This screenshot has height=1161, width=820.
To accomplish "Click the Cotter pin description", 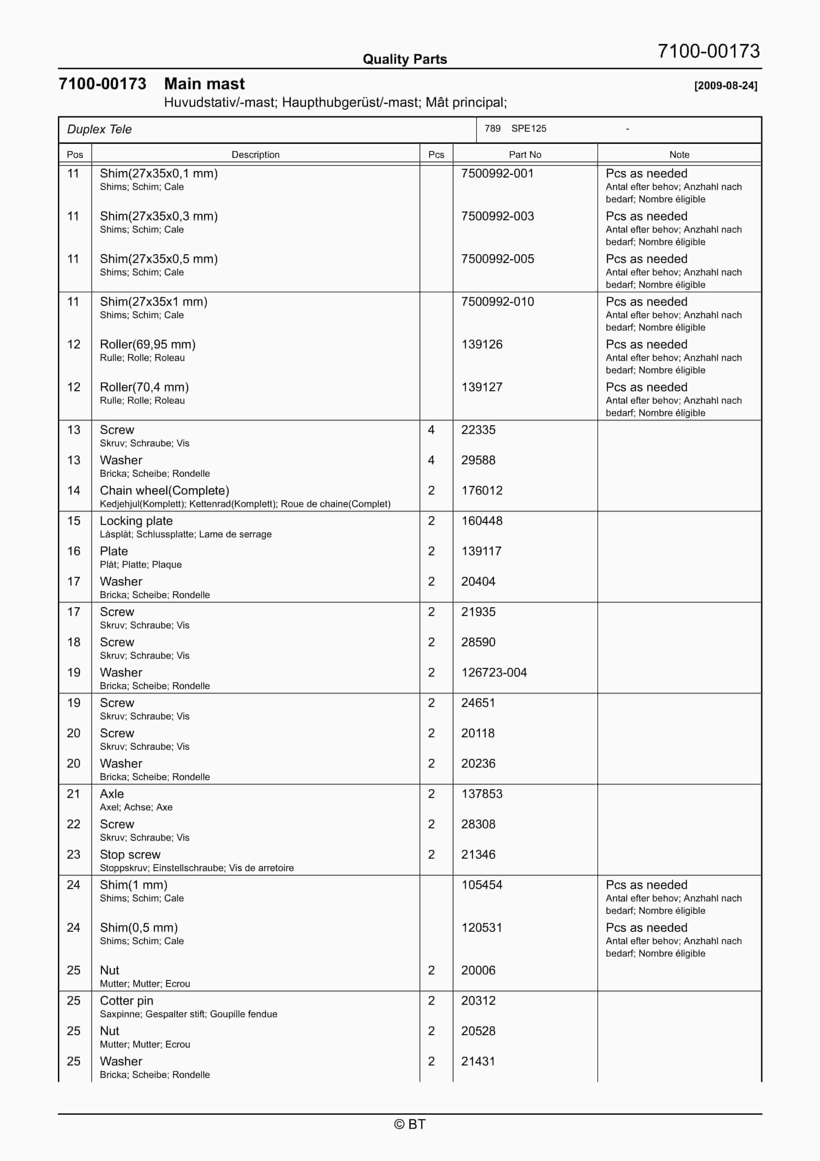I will pos(126,1000).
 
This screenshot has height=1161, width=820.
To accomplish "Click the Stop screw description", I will pos(130,854).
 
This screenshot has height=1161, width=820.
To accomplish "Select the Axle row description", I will pos(112,794).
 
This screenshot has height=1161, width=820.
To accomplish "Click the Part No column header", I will pos(525,154).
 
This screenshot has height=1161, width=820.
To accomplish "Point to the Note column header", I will pos(679,154).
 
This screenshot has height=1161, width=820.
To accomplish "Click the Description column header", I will pos(255,154).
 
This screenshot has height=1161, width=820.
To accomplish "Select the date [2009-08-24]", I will pos(726,85).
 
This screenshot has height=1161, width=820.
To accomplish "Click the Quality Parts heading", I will pos(404,59).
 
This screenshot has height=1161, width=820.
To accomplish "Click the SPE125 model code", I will pos(528,129).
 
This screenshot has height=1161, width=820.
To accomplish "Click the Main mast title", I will pos(204,83).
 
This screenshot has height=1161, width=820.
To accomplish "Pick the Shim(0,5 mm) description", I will pos(139,927).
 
